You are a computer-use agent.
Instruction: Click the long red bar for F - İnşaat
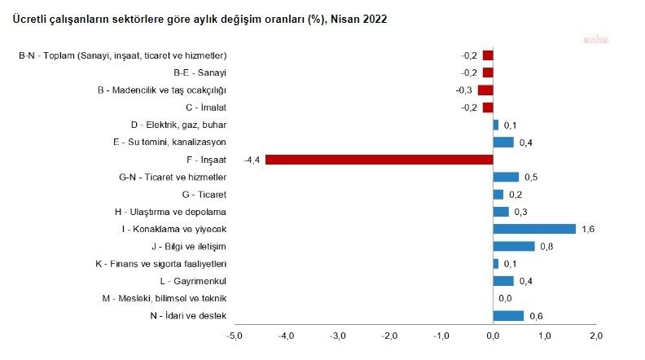coord(379,160)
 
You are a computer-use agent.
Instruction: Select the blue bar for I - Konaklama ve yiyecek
coord(534,229)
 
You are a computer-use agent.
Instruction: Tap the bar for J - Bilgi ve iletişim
coord(514,246)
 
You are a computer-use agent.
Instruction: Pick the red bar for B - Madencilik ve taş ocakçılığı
coord(485,90)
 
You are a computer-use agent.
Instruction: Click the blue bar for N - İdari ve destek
coord(508,316)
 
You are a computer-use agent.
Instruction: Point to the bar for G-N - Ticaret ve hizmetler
coord(506,177)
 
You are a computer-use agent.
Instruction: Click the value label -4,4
coord(250,160)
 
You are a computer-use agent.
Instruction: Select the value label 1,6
coord(588,229)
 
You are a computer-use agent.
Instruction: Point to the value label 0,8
coord(546,246)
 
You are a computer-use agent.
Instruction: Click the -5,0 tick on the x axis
coord(235,336)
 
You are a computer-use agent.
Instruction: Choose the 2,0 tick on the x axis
coord(596,336)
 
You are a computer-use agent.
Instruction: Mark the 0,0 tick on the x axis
coord(494,336)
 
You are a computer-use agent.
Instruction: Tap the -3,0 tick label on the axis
coord(338,336)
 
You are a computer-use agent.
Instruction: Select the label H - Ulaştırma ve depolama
coord(169,212)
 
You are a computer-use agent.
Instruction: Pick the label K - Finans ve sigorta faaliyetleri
coord(160,264)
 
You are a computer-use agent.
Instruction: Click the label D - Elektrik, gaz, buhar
coord(178,125)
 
